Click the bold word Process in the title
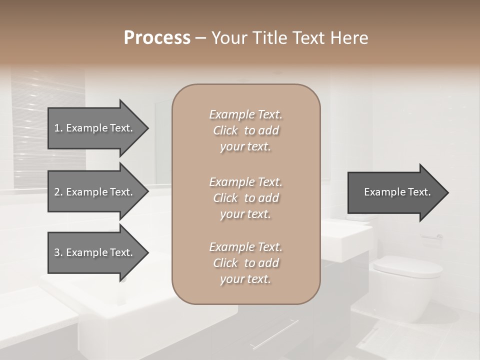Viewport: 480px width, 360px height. point(157,38)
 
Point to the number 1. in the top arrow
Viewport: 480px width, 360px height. point(58,128)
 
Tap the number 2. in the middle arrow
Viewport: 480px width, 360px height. point(58,192)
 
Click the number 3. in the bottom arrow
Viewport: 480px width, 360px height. point(58,252)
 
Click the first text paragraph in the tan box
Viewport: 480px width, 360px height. point(245,130)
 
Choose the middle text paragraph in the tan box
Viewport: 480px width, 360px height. point(245,197)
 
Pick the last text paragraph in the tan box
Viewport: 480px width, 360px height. point(245,263)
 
